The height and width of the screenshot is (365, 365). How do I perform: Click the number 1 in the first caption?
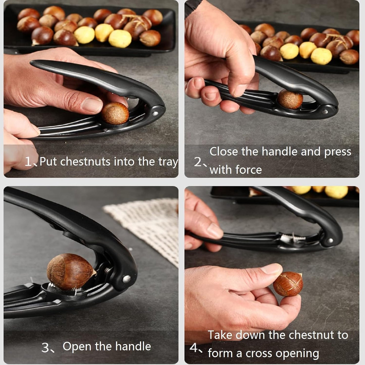point(28,161)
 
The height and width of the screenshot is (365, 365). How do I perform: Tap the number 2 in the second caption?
point(198,162)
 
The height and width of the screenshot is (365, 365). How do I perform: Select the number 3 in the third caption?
point(46,348)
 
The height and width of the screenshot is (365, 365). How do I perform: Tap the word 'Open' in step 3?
point(77,346)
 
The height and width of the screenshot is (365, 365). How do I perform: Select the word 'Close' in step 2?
point(224,152)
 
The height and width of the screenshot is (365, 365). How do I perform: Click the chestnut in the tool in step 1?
point(115,113)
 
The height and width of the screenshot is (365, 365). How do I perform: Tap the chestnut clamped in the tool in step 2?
point(290,99)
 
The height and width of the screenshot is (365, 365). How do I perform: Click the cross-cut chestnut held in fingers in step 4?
point(288,284)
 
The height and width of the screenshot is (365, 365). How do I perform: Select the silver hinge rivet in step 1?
point(155,113)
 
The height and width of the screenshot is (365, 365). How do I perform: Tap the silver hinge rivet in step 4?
point(330,241)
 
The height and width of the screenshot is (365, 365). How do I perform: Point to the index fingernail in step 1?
point(92,105)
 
